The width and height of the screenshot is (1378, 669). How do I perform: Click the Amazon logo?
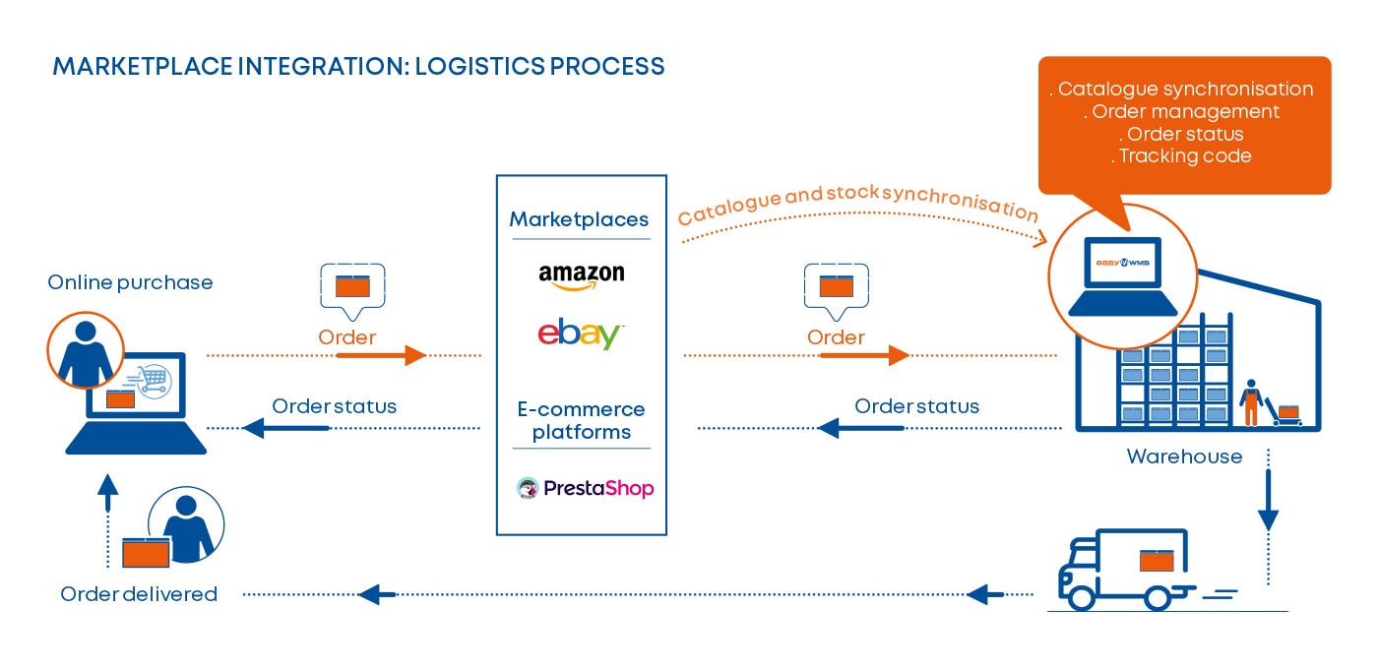tap(581, 275)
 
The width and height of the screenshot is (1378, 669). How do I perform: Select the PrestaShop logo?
tap(585, 488)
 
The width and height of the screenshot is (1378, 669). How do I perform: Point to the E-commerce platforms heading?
tap(581, 420)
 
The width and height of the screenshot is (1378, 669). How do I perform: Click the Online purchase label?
tap(130, 282)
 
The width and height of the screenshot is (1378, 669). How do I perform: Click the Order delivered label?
tap(139, 594)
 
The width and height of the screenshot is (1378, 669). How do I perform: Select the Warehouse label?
tap(1184, 456)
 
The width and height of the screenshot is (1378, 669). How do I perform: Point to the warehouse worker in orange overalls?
tap(1250, 401)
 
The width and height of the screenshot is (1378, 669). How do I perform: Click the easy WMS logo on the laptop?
tap(1122, 263)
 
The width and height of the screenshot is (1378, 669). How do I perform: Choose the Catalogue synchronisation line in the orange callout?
tap(1185, 89)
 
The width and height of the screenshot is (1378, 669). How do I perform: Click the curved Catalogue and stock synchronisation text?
tap(857, 201)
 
